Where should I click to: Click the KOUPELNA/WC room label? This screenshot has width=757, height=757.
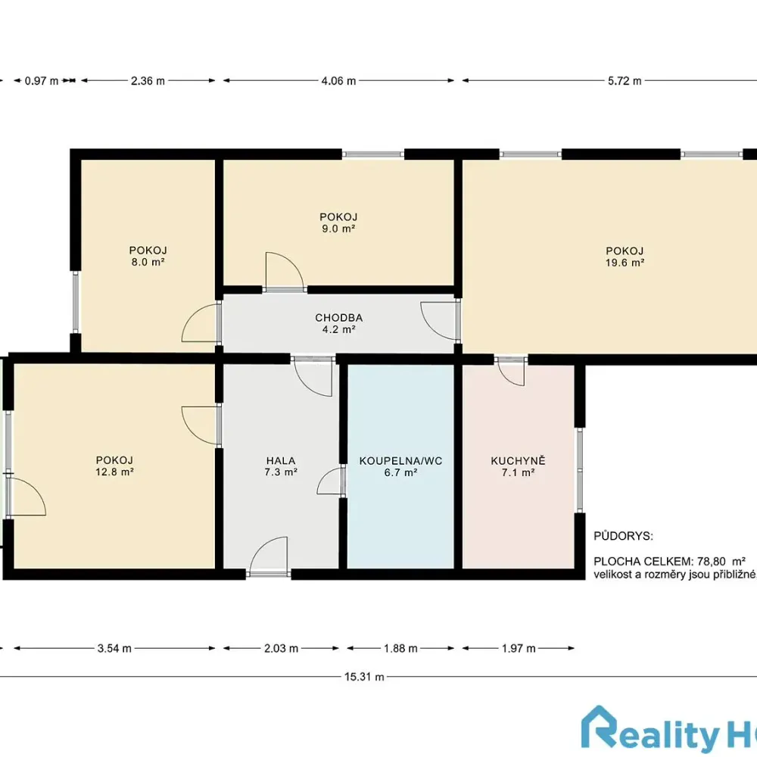click(x=400, y=460)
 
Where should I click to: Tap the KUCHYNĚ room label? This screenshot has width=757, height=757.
click(x=518, y=460)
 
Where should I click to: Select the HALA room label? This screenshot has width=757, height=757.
click(x=281, y=460)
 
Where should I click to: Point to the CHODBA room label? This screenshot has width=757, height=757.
click(x=339, y=318)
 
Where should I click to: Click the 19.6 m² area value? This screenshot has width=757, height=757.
click(x=625, y=263)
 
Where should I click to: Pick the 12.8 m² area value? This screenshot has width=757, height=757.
click(x=114, y=472)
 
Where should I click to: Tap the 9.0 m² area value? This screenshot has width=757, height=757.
click(x=338, y=229)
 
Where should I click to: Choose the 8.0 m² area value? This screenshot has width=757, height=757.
click(x=148, y=262)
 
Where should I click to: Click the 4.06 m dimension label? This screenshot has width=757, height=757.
click(x=338, y=81)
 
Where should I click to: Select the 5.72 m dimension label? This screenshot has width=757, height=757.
click(x=625, y=81)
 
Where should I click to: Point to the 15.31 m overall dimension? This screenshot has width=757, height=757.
click(x=364, y=677)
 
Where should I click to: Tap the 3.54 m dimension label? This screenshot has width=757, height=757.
click(x=114, y=649)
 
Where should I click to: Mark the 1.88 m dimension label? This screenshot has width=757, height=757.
click(x=400, y=649)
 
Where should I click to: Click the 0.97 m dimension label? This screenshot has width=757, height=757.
click(x=42, y=81)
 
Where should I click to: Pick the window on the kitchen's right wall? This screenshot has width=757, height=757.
click(x=580, y=470)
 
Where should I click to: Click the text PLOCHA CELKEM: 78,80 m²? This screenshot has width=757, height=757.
click(x=670, y=562)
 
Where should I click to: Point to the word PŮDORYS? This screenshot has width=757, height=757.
click(x=623, y=536)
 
